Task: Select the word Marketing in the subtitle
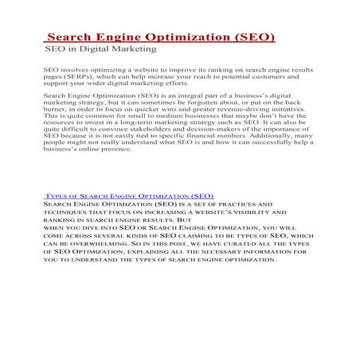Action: (133, 49)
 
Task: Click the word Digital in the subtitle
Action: (95, 49)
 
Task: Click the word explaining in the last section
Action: (148, 251)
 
